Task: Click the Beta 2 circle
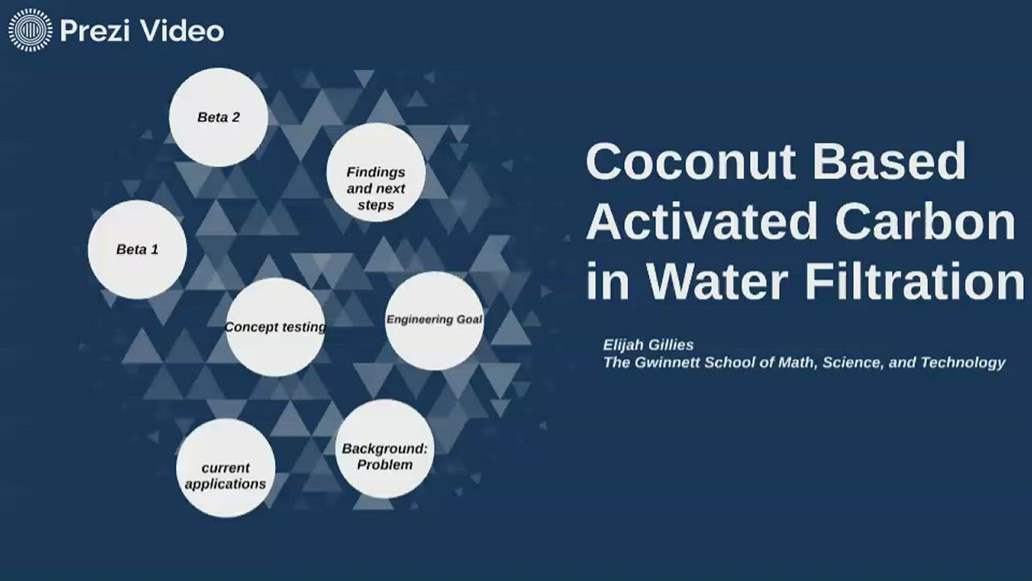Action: (x=218, y=117)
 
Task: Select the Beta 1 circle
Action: (x=137, y=249)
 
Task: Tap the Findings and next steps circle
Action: (x=376, y=172)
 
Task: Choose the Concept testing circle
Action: (x=275, y=327)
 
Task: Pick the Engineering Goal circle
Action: (x=434, y=320)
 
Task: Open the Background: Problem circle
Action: (x=385, y=449)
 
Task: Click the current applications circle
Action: (x=226, y=468)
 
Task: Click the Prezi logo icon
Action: (x=30, y=31)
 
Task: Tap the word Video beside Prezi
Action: (x=181, y=31)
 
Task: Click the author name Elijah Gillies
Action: (x=648, y=345)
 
